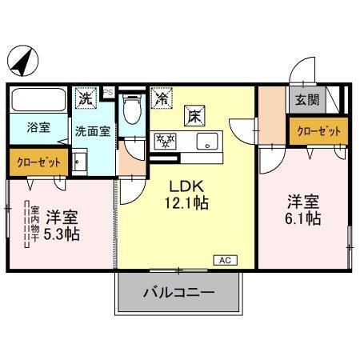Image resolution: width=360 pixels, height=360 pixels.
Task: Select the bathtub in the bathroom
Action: coord(39,102)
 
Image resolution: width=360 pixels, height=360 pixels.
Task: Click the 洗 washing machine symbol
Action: coord(85,98)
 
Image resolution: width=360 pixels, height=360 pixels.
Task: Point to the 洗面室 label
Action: coord(93,130)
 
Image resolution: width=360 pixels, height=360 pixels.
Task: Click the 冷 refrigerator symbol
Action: coord(162,99)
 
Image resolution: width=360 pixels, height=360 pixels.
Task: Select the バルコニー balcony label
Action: coord(179,293)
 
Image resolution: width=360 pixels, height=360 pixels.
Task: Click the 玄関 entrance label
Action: coord(306,101)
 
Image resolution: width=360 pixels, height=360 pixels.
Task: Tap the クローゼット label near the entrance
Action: coord(319,130)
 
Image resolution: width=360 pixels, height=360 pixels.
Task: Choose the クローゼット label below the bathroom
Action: coord(39,162)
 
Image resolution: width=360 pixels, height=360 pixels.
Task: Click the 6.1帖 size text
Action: coord(304,218)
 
